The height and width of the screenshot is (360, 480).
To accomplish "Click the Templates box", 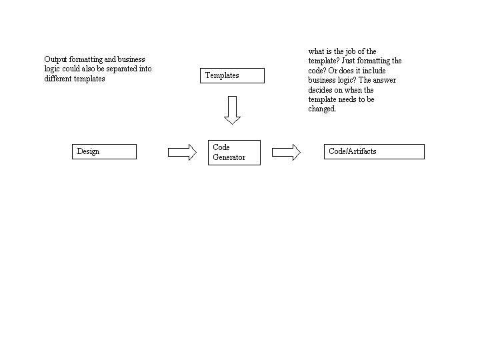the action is [x=232, y=75].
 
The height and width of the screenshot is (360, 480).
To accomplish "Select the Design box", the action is [x=104, y=151].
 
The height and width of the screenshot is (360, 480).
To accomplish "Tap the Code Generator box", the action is [x=234, y=153].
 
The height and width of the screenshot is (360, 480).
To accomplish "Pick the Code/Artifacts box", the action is [x=374, y=151].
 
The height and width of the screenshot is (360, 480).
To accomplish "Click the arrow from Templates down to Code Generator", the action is [x=233, y=110].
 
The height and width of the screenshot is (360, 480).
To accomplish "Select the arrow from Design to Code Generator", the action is [x=182, y=152].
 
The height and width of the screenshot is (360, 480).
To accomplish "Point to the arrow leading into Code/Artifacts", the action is [x=286, y=152].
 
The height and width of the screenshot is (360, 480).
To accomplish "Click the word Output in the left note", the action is [x=55, y=59].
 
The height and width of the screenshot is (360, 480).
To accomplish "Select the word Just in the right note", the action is [x=348, y=61].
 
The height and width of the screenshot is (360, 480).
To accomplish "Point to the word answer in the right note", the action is [x=385, y=80].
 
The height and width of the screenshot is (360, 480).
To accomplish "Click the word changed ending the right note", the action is [x=323, y=109].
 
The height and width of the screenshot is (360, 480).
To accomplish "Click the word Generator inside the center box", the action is [x=229, y=157].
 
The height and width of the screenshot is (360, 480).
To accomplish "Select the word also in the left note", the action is [x=88, y=69].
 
